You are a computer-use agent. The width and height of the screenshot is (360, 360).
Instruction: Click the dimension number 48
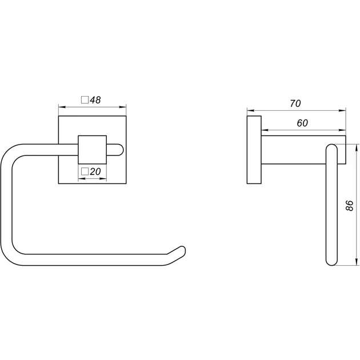(x=95, y=100)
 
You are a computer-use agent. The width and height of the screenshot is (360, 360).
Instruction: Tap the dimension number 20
(x=95, y=171)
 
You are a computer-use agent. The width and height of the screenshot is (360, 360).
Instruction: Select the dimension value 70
(x=295, y=103)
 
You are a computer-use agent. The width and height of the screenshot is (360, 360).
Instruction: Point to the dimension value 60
(x=302, y=123)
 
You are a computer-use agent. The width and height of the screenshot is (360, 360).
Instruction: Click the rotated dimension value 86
(x=350, y=205)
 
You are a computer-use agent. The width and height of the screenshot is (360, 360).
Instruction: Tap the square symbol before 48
(x=85, y=100)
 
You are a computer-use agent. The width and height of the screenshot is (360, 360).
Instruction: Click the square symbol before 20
(x=85, y=171)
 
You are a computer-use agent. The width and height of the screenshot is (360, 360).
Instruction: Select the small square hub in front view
(x=93, y=150)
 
